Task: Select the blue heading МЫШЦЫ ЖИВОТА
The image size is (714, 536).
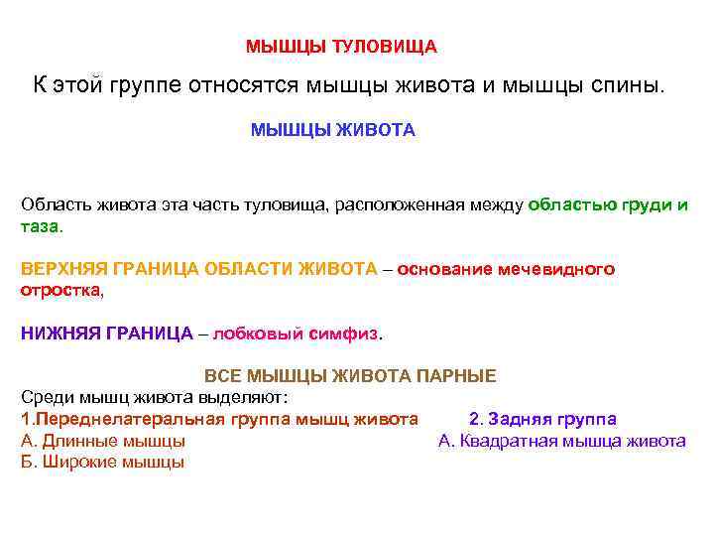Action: (x=332, y=130)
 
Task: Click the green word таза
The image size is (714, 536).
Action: (x=40, y=225)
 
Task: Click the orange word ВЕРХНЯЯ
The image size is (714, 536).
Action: (x=64, y=269)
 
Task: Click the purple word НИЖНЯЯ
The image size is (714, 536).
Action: (x=58, y=334)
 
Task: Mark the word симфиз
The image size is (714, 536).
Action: (x=345, y=334)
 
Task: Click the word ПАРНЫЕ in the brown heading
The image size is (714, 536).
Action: (x=455, y=376)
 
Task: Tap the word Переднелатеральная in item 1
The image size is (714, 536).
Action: (x=129, y=419)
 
